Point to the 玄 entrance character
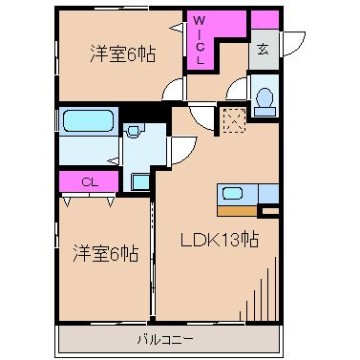262,52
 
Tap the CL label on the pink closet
87,181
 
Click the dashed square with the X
233,121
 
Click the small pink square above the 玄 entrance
265,20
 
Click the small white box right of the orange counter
270,210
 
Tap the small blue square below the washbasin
138,180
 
